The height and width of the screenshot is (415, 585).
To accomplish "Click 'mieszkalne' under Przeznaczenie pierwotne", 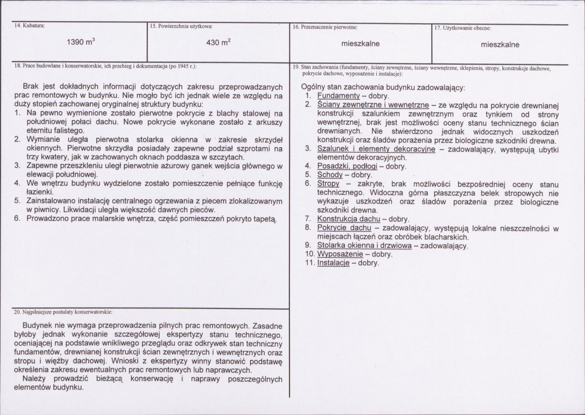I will coord(360,43).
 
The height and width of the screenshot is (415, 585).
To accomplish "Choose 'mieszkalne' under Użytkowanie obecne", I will coord(500,44).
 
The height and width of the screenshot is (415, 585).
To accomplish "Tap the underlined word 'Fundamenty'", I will coord(338,96).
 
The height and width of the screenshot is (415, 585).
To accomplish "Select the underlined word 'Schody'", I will coord(330,175).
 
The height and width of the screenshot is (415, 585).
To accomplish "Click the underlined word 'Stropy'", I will coord(328,183).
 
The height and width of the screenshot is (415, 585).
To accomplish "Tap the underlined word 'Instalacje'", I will coord(334,263).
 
